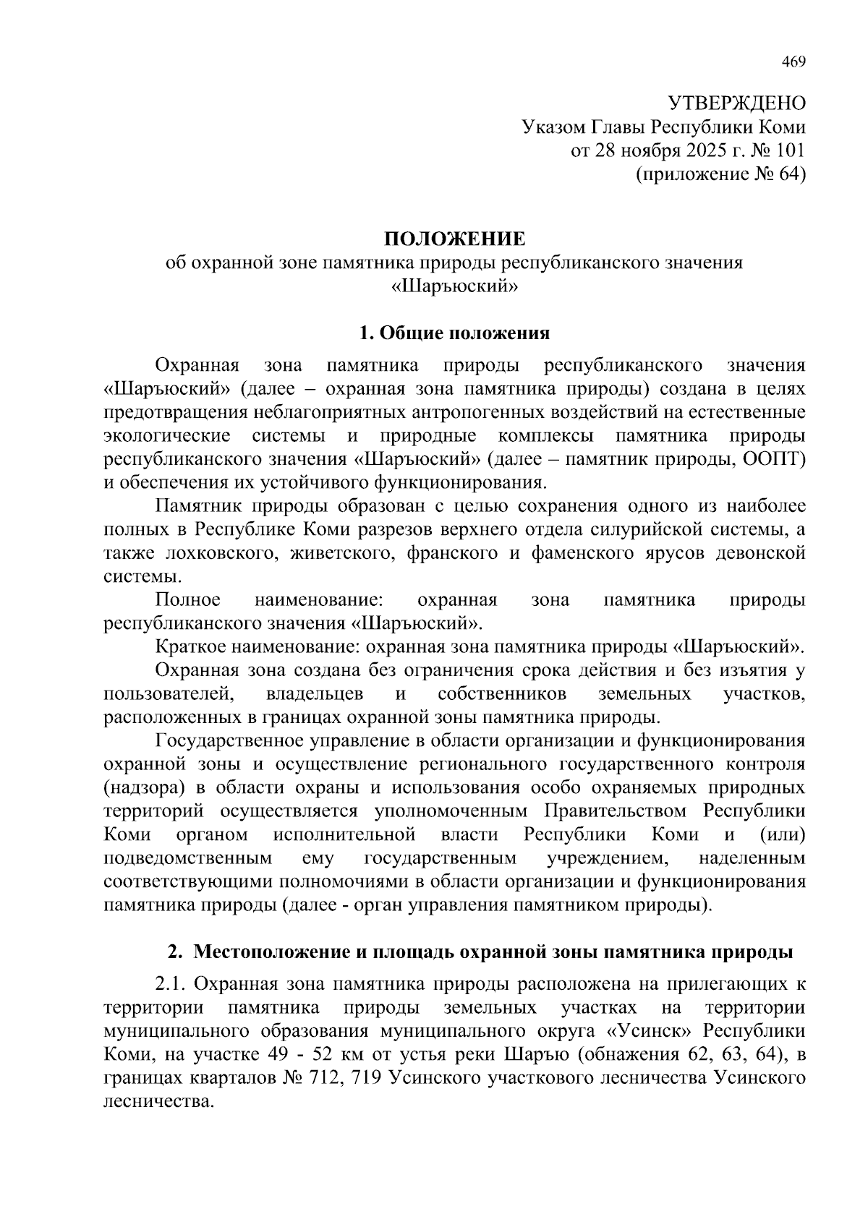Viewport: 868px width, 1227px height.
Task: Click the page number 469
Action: tap(793, 61)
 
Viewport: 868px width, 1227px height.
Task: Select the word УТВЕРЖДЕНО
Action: tap(736, 103)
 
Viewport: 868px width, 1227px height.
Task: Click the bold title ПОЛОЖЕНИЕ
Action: tap(454, 239)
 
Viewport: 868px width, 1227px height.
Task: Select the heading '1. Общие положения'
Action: tap(454, 333)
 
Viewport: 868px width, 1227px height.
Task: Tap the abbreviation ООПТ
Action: tap(774, 460)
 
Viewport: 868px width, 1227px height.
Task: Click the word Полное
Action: tap(188, 600)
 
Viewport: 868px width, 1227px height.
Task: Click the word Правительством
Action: tap(618, 811)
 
